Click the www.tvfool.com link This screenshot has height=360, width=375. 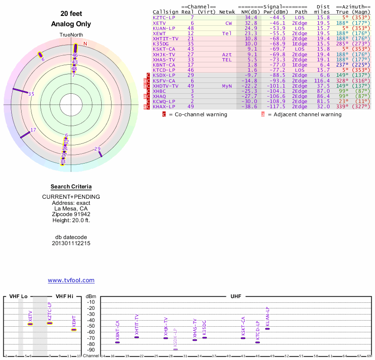tap(71, 280)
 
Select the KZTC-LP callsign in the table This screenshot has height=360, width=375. tap(164, 17)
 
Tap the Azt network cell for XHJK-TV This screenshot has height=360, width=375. tap(227, 54)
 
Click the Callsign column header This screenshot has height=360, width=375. tap(165, 12)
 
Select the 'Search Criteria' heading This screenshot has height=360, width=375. tap(71, 187)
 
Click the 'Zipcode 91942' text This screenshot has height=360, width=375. tap(71, 214)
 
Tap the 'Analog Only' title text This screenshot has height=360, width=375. tap(71, 24)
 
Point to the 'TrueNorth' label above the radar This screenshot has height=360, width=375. tap(71, 35)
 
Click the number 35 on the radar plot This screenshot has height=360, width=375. tap(31, 94)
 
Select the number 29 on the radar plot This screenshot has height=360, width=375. tap(97, 149)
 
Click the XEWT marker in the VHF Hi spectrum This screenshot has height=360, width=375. tap(74, 329)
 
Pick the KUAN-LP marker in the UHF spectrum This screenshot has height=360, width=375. tap(267, 328)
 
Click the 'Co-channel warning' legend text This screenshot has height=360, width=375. tap(198, 114)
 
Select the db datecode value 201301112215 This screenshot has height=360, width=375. tap(71, 243)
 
